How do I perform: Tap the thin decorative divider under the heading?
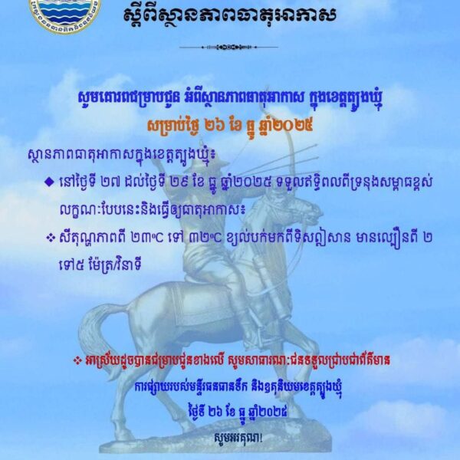[x=229, y=48]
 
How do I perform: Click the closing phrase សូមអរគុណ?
[x=229, y=439]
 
